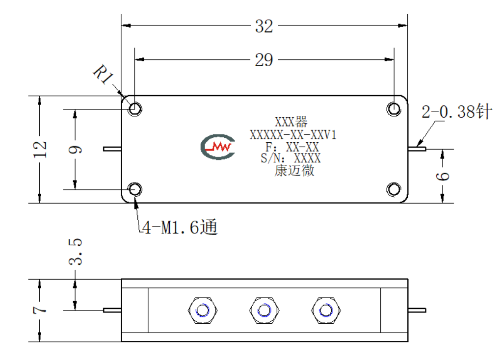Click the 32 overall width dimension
pos(264,26)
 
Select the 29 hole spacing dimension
pos(264,60)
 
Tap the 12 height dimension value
pos(40,149)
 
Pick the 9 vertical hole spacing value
pos(75,150)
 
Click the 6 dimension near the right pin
pos(443,176)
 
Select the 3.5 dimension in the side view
pos(76,252)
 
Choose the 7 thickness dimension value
pos(40,310)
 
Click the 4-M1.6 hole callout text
pos(180,227)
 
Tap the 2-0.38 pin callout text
pos(456,111)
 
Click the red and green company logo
pos(218,147)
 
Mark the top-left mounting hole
pos(135,109)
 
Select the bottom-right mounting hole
pos(394,189)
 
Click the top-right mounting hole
pos(394,109)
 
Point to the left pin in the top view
pos(112,149)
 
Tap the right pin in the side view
pos(417,310)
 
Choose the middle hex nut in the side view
pos(265,310)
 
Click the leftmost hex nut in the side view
pos(202,310)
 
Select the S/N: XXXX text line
pos(291,158)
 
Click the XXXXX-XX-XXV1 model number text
pos(293,135)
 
